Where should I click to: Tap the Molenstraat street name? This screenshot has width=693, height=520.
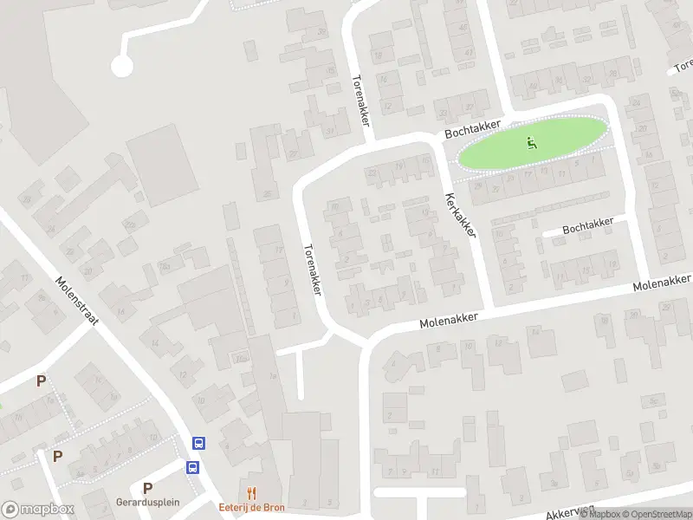tap(77, 301)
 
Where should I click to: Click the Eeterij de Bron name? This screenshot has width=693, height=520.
tap(251, 506)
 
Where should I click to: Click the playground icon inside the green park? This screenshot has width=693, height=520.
tap(532, 142)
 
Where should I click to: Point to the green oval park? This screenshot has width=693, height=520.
tap(530, 143)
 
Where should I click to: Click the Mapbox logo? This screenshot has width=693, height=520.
tap(38, 510)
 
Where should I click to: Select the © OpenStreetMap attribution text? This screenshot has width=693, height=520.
tap(654, 514)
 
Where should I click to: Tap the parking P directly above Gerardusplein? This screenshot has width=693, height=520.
tap(147, 488)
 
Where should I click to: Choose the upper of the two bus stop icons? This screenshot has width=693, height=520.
tap(199, 443)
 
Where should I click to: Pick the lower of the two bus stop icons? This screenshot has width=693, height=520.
tap(192, 467)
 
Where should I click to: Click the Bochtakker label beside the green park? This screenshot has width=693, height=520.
tap(473, 131)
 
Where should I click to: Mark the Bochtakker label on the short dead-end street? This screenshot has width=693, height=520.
tap(587, 225)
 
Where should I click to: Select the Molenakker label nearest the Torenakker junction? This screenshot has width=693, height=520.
tap(449, 321)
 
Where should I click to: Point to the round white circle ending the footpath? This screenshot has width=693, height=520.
tap(122, 65)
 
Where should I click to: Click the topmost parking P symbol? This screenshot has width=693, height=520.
tap(41, 380)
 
